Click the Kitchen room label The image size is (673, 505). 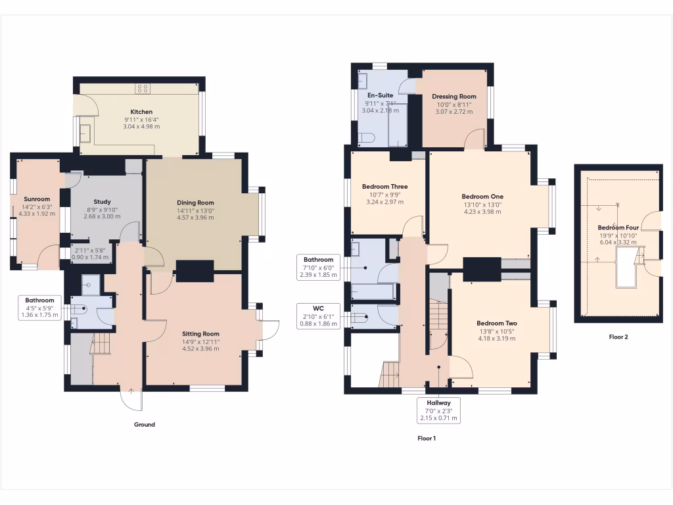click(x=141, y=112)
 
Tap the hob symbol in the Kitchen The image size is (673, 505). click(x=142, y=89)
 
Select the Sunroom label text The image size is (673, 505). click(x=37, y=199)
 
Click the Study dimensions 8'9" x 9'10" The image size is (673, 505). click(x=102, y=210)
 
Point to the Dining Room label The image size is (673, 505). click(x=195, y=203)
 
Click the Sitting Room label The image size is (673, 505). click(x=201, y=333)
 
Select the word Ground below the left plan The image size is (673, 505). click(x=145, y=425)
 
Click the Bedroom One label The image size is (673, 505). click(x=482, y=197)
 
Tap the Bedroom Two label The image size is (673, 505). click(x=496, y=324)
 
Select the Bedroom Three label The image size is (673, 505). click(x=384, y=187)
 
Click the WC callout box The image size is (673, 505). click(x=318, y=315)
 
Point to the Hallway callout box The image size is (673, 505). click(x=438, y=410)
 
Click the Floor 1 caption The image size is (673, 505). click(x=427, y=438)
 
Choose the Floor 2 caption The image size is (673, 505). click(x=618, y=337)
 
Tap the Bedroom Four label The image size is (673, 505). click(x=617, y=228)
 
